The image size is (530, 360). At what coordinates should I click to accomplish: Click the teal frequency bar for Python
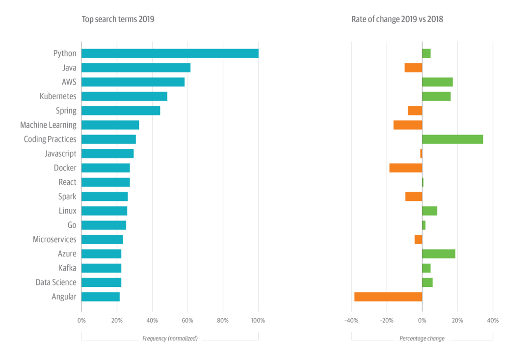(170, 54)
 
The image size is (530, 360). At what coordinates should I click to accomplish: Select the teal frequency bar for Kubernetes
(124, 96)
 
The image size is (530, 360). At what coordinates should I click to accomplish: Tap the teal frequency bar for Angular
(101, 297)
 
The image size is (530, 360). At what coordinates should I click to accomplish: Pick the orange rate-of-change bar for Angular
(388, 297)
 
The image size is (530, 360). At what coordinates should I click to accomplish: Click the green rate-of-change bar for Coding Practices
(452, 139)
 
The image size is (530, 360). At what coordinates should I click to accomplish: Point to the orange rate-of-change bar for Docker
(406, 168)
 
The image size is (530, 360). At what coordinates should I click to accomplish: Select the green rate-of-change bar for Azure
(439, 254)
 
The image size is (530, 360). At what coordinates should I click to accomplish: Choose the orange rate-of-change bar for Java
(413, 68)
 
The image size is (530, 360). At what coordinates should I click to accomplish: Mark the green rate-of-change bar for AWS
(437, 82)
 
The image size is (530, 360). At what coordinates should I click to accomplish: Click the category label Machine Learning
(48, 125)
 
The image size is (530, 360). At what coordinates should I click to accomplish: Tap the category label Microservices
(54, 240)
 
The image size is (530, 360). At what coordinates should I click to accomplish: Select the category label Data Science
(56, 282)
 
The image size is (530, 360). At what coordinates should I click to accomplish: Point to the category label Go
(72, 225)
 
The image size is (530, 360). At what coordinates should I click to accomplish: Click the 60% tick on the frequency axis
(187, 321)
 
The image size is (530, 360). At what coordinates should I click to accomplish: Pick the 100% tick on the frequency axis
(258, 321)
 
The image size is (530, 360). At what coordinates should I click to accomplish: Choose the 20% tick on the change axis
(457, 321)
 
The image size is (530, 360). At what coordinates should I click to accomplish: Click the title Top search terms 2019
(118, 19)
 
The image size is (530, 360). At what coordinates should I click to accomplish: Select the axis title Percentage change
(422, 338)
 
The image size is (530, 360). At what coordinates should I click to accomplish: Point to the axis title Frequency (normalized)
(170, 338)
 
